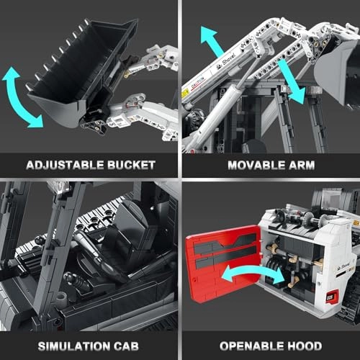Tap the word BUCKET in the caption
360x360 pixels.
[130, 164]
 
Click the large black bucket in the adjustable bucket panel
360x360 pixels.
[68, 72]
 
